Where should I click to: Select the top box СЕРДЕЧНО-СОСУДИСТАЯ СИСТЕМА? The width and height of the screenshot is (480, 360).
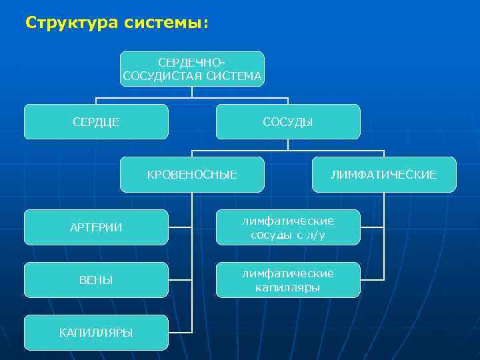[x=192, y=69]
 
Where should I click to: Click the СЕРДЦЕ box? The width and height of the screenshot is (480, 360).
[x=96, y=121]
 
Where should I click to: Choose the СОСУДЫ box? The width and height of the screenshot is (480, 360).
[x=288, y=121]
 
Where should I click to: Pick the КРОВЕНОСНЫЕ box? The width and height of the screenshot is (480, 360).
[x=192, y=174]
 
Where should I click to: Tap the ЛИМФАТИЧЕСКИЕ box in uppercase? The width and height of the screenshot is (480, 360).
[x=384, y=174]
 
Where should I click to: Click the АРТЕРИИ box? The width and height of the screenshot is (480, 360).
[x=96, y=227]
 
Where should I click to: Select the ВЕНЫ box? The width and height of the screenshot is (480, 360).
[x=96, y=280]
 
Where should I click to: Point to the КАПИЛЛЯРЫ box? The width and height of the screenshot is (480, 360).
[x=96, y=332]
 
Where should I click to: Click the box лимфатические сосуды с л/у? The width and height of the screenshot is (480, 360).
[x=288, y=227]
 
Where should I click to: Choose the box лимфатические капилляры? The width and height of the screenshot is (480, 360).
[x=288, y=280]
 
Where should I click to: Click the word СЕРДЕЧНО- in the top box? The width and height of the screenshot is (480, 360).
[x=192, y=62]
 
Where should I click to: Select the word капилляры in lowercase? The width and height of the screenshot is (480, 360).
[x=288, y=288]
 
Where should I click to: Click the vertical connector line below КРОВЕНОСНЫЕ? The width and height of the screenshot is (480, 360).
[x=192, y=267]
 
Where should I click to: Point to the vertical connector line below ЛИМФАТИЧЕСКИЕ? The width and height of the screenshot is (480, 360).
[x=384, y=233]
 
